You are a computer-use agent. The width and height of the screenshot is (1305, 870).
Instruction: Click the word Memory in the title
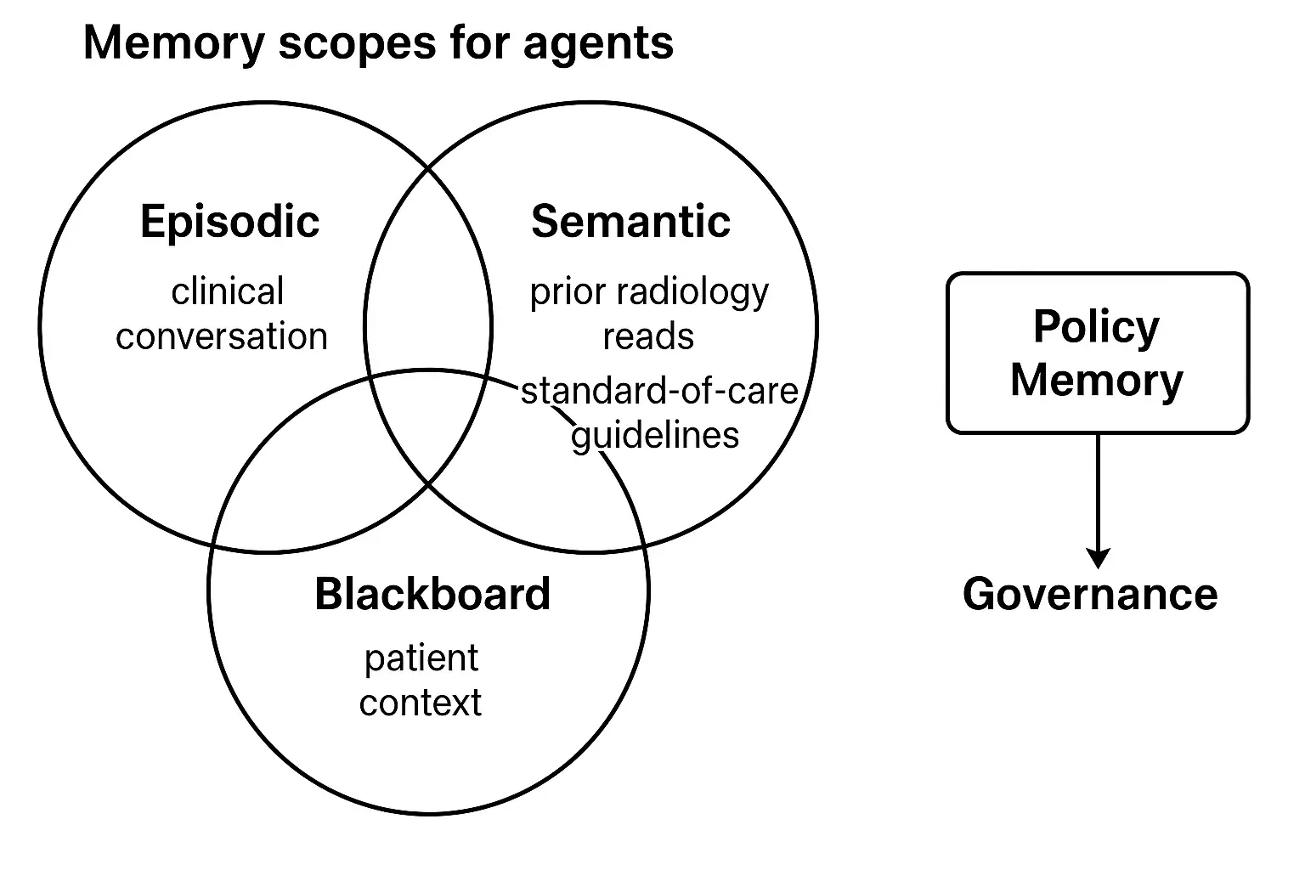point(173,42)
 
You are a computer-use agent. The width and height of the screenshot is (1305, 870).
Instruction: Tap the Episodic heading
point(229,222)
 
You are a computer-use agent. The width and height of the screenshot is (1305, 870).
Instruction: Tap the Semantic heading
point(630,222)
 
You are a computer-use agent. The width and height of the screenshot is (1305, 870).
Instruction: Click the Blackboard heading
point(432,594)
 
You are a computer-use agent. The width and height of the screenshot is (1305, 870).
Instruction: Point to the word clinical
point(227,292)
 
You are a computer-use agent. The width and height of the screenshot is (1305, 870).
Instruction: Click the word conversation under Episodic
point(222,336)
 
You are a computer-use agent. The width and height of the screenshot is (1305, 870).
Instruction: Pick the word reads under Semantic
point(648,336)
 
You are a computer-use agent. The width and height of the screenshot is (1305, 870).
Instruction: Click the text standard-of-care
point(659,391)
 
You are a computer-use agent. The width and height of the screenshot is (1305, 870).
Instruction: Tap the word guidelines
point(655,436)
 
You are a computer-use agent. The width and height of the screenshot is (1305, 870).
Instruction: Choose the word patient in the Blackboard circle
point(421,659)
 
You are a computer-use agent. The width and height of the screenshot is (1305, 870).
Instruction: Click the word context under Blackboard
point(420,703)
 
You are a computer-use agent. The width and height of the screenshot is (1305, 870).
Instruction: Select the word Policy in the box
point(1096,327)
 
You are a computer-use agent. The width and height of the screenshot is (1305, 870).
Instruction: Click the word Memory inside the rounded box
point(1096,380)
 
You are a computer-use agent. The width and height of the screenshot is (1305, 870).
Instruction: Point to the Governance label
point(1090,594)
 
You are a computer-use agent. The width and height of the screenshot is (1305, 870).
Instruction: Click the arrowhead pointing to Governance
point(1099,558)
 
